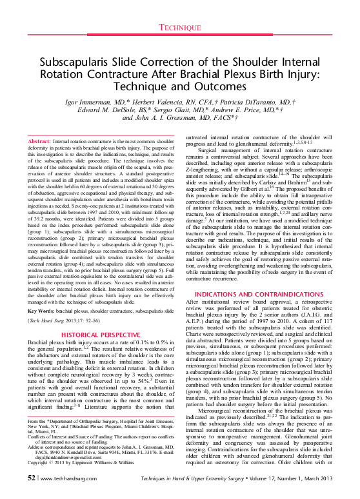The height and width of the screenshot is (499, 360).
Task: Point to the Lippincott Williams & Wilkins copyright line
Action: click(x=86, y=463)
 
